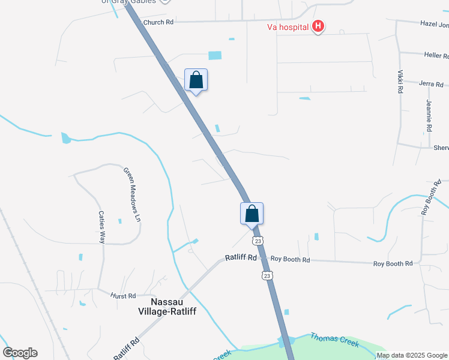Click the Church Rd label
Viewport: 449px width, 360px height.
point(158,22)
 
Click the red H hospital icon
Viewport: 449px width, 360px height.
point(319,26)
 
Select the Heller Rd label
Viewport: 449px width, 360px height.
point(436,55)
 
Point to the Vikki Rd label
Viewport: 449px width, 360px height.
point(400,82)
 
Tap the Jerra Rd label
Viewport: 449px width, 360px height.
point(430,83)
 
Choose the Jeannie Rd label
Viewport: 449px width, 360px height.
point(429,116)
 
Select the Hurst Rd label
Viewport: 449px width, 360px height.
point(123,296)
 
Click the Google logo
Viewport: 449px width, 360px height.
point(20,353)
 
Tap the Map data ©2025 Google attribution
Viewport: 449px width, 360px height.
point(411,355)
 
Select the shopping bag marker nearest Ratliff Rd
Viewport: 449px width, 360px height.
point(252,214)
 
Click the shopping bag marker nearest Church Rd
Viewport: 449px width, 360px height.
point(196,80)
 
